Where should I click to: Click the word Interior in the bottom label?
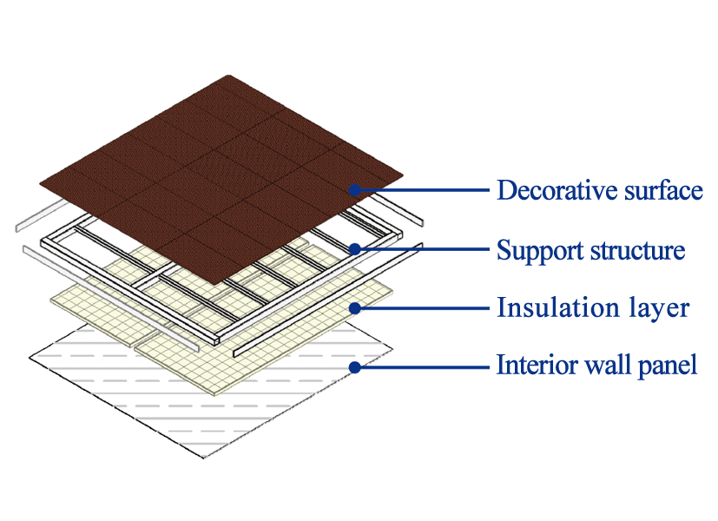[x=529, y=365]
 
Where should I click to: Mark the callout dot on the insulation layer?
[x=354, y=307]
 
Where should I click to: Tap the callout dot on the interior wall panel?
[x=354, y=366]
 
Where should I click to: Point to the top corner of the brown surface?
[x=233, y=76]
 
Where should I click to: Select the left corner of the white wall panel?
[x=29, y=357]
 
